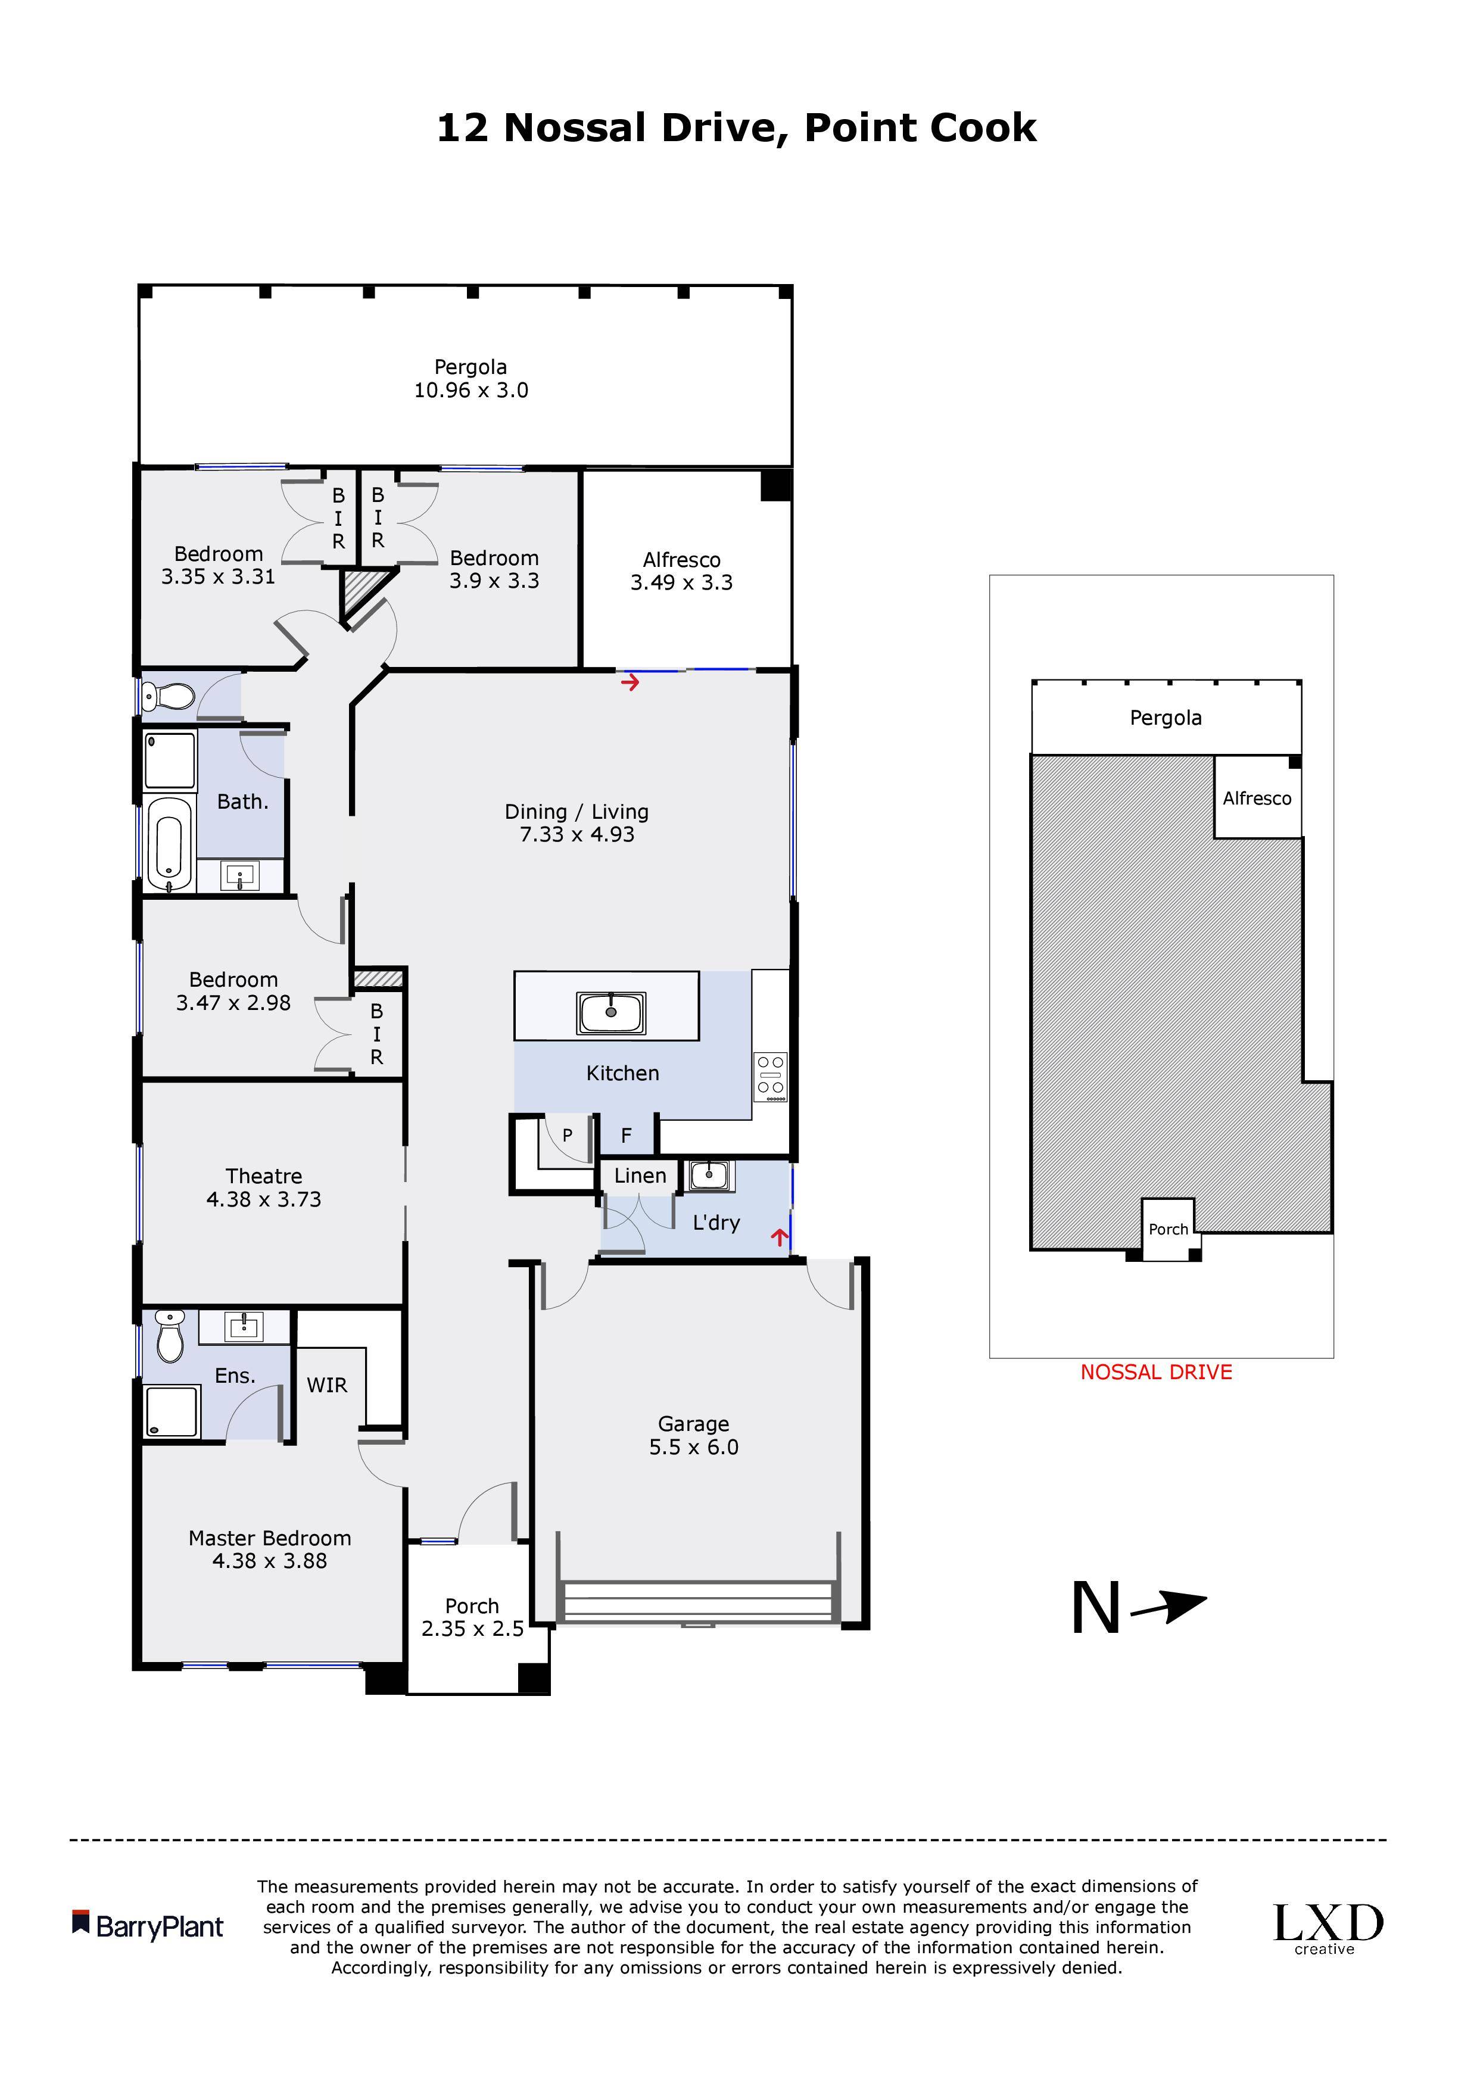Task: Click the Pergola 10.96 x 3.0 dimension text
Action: tap(470, 390)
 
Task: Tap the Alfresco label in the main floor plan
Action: tap(681, 560)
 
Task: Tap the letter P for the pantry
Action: tap(567, 1134)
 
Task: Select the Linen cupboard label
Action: tap(640, 1176)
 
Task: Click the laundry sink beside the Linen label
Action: tap(708, 1176)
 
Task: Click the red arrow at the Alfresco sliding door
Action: tap(630, 681)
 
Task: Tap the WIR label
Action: tap(327, 1385)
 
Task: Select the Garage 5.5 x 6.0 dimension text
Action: tap(693, 1446)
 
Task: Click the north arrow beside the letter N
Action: tap(1170, 1608)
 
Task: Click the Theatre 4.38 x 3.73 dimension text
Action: tap(264, 1199)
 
